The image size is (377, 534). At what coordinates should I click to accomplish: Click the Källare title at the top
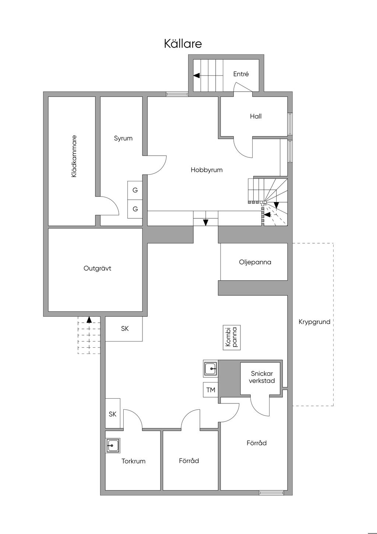(x=183, y=44)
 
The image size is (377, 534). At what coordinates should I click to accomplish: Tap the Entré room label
(x=241, y=74)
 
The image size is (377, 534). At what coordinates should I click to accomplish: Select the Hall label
(x=256, y=116)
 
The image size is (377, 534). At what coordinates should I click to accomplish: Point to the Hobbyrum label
(x=207, y=170)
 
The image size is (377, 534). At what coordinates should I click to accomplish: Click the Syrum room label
(x=123, y=138)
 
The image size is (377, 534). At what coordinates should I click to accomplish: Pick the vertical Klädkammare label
(x=74, y=156)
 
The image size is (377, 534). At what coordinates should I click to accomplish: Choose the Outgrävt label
(x=97, y=268)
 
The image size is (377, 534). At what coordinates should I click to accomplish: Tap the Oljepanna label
(x=255, y=262)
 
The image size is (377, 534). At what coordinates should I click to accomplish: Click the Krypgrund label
(x=314, y=322)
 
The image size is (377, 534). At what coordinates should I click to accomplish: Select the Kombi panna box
(x=232, y=337)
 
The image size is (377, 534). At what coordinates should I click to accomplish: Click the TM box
(x=211, y=390)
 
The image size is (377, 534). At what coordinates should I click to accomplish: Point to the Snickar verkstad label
(x=262, y=377)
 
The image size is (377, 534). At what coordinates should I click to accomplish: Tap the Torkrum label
(x=133, y=461)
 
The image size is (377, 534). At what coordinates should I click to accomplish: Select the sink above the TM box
(x=210, y=369)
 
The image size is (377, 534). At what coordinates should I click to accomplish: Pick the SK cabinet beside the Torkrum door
(x=113, y=414)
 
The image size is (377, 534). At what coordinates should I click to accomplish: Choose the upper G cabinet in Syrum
(x=135, y=190)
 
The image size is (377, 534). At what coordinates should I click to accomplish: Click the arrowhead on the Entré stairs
(x=196, y=76)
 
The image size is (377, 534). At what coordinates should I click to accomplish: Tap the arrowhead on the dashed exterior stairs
(x=89, y=319)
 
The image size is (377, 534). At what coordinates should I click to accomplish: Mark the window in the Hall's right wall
(x=290, y=124)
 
